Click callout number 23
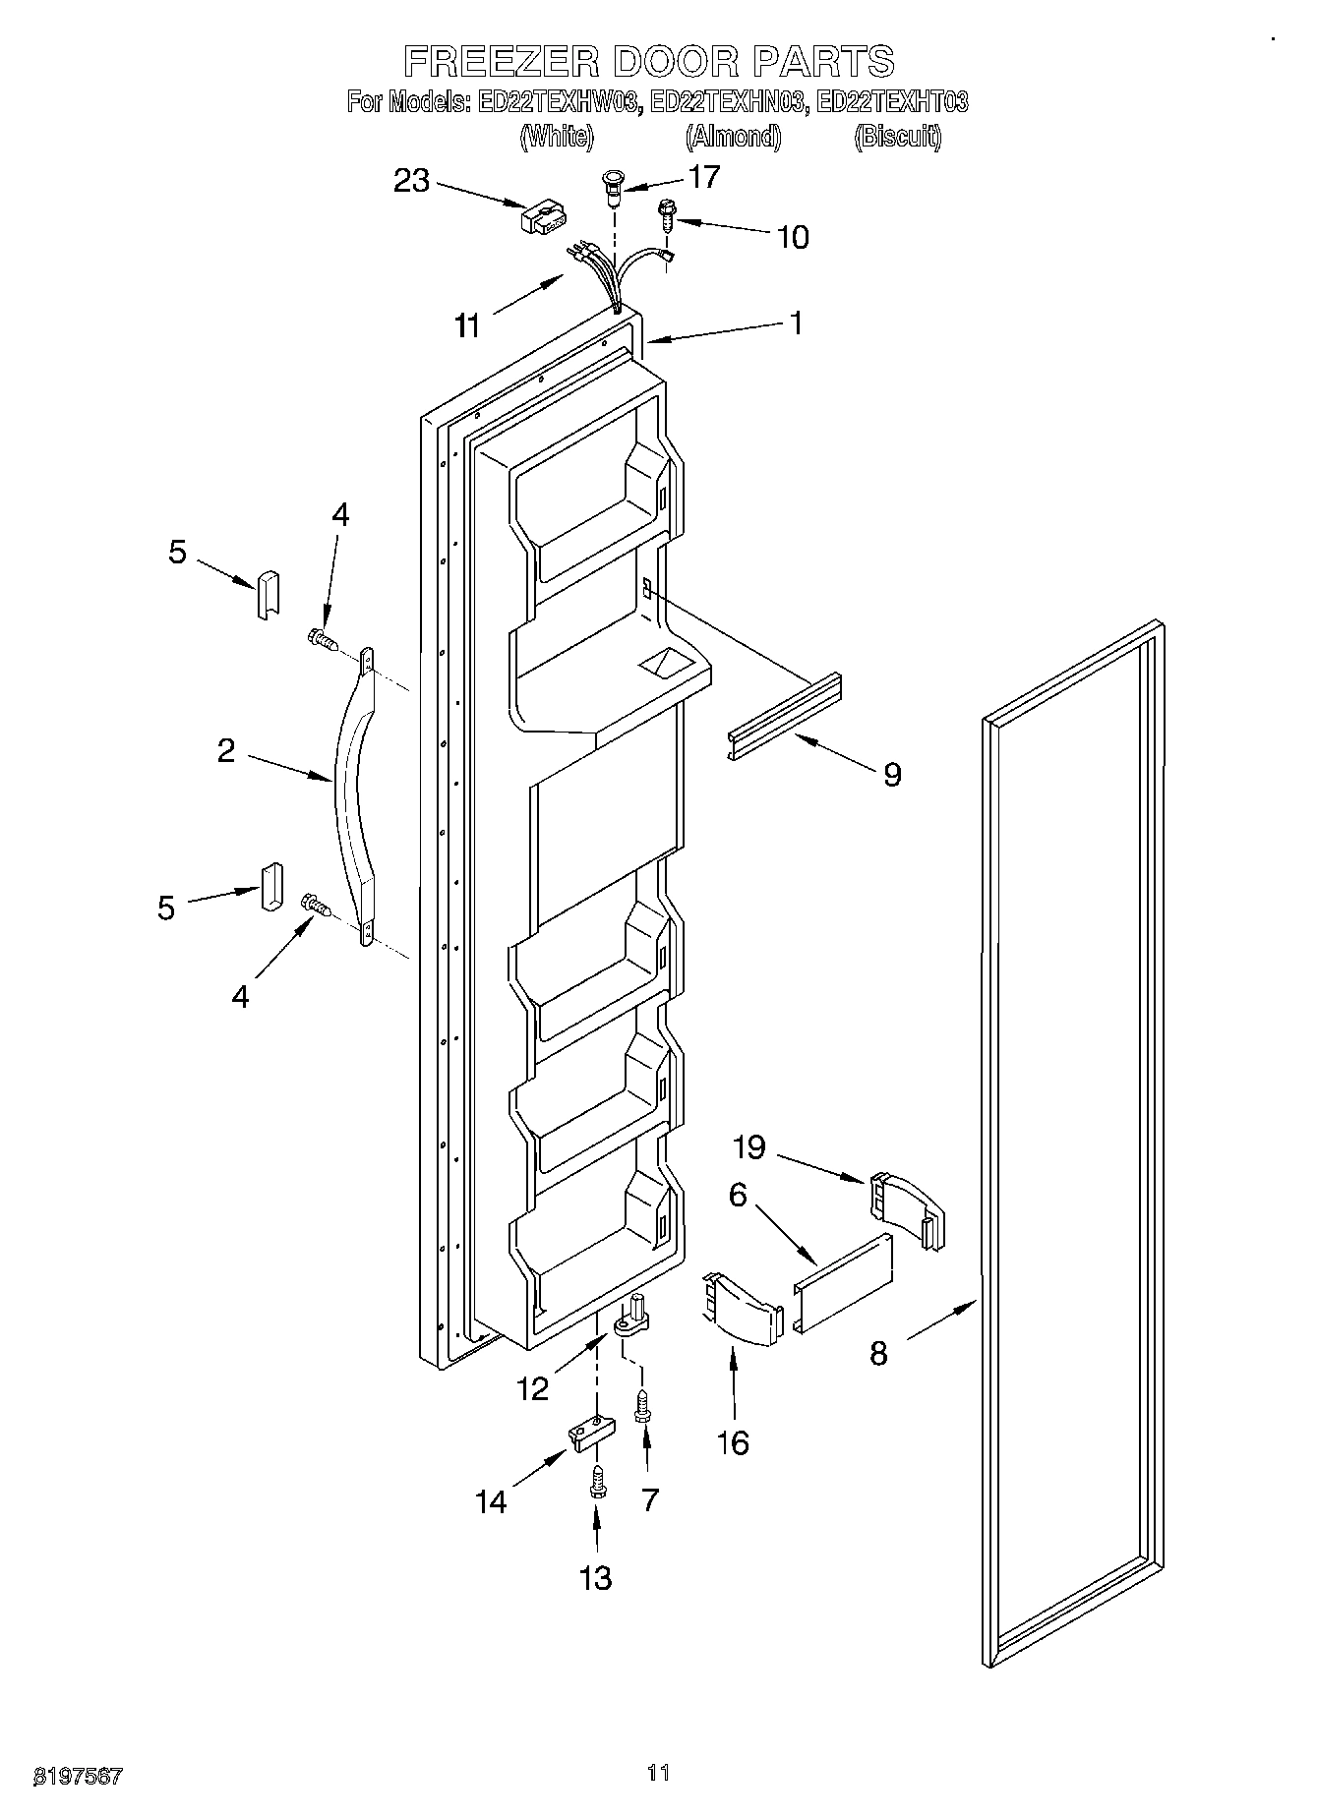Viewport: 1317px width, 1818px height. coord(412,180)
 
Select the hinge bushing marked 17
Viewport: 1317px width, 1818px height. coord(612,187)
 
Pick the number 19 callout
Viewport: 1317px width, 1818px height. coord(750,1146)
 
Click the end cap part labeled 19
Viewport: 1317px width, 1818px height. coord(906,1208)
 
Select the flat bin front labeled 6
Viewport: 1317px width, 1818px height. coord(844,1282)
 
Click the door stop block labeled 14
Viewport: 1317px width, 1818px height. coord(589,1434)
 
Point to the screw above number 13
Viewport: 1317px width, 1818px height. coord(595,1482)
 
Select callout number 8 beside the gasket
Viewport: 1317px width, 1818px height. coord(877,1353)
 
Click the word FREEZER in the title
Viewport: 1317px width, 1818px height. coord(502,61)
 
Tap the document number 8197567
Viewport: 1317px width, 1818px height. coord(78,1775)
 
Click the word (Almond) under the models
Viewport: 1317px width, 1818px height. coord(733,137)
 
